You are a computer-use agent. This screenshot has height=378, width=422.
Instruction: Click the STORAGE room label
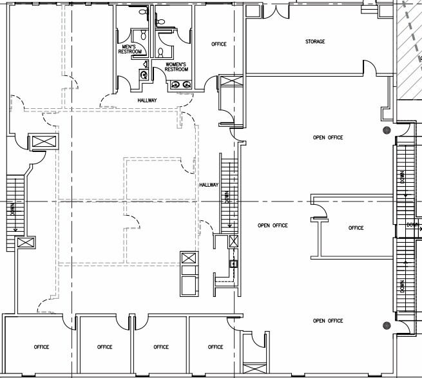pyautogui.click(x=315, y=41)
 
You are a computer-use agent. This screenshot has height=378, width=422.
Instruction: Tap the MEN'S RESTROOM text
pyautogui.click(x=130, y=49)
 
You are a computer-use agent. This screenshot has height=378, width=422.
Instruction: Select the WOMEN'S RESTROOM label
pyautogui.click(x=177, y=67)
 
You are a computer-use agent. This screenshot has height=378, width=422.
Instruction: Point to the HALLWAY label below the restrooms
pyautogui.click(x=147, y=100)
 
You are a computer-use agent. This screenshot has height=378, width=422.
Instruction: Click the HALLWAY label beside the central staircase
pyautogui.click(x=209, y=185)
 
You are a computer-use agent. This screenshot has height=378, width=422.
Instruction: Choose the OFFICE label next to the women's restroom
pyautogui.click(x=219, y=44)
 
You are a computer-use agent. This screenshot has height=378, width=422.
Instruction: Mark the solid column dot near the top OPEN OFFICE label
pyautogui.click(x=387, y=130)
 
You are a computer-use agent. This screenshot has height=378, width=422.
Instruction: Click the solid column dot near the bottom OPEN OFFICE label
pyautogui.click(x=387, y=326)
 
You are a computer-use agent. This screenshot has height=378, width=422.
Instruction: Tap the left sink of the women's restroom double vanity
pyautogui.click(x=175, y=85)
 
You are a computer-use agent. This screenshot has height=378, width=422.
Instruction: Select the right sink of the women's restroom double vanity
pyautogui.click(x=186, y=85)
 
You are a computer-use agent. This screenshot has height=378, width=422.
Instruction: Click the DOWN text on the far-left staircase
pyautogui.click(x=12, y=209)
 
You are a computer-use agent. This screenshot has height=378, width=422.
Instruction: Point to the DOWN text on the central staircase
pyautogui.click(x=227, y=197)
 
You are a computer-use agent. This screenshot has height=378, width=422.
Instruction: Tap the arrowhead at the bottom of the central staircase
pyautogui.click(x=229, y=226)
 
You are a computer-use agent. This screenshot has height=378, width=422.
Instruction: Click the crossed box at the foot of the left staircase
pyautogui.click(x=26, y=243)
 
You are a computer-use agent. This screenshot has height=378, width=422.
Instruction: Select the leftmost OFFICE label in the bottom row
pyautogui.click(x=41, y=347)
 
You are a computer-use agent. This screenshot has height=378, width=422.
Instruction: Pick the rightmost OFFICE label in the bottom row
pyautogui.click(x=215, y=347)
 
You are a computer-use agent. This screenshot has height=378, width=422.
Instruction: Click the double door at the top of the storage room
pyautogui.click(x=276, y=12)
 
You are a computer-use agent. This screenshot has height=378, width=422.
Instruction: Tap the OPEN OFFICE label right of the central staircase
pyautogui.click(x=273, y=225)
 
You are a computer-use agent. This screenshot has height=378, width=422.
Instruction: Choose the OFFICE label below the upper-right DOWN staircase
pyautogui.click(x=356, y=228)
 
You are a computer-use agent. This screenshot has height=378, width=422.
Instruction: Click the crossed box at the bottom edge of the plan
pyautogui.click(x=254, y=368)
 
